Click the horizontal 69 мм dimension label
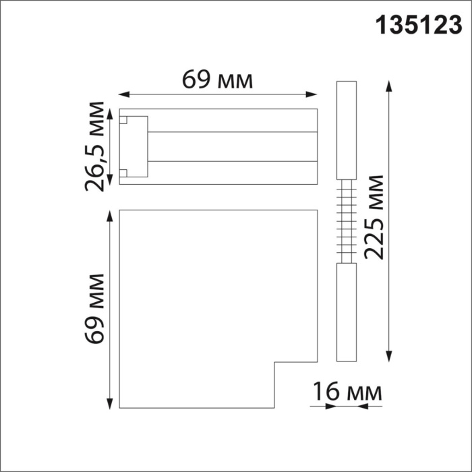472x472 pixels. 218,80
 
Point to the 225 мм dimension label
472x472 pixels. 372,216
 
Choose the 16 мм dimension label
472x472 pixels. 347,392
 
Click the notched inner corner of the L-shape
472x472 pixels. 274,364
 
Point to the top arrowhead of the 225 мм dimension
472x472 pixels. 388,86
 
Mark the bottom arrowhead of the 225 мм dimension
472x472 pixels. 388,357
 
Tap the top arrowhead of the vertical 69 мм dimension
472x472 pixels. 109,216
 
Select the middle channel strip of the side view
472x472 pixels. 233,146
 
